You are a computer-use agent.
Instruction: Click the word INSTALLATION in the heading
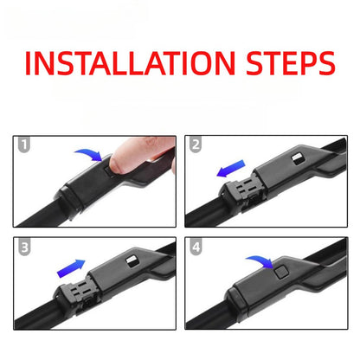click(130, 63)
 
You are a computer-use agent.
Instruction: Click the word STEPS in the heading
click(291, 63)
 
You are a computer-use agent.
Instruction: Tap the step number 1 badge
click(24, 144)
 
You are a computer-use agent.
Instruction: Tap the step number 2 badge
click(196, 145)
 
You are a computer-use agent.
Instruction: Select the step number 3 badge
click(24, 247)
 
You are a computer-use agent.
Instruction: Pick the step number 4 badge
click(196, 247)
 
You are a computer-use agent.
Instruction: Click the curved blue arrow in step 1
click(89, 154)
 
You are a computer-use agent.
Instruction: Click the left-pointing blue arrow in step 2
click(231, 169)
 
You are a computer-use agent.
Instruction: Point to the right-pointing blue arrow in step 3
click(71, 268)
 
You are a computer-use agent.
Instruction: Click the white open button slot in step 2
click(297, 159)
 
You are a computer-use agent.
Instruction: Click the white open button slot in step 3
click(132, 261)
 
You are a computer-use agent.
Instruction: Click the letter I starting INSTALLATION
click(28, 63)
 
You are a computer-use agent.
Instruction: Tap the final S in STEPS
click(325, 63)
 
